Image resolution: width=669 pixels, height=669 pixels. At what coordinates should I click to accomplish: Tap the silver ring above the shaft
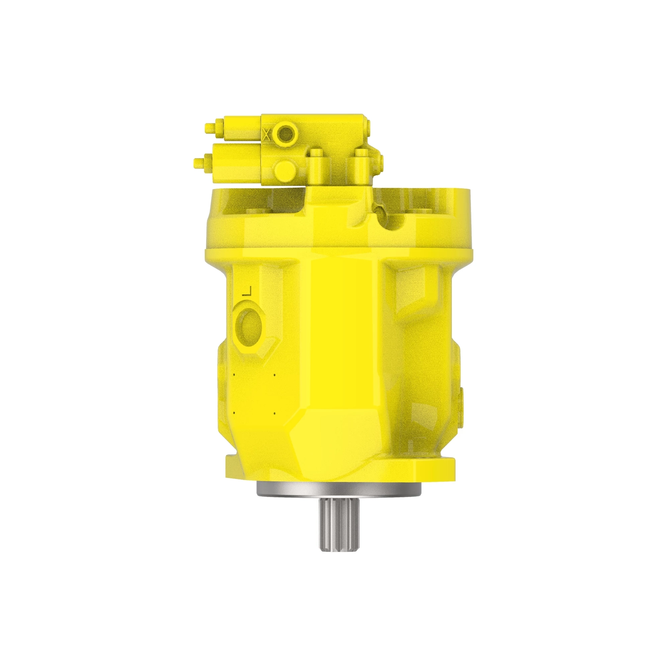point(339,489)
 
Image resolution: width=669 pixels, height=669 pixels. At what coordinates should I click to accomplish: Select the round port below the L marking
point(249,325)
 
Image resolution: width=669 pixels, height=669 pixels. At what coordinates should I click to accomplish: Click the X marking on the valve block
point(266,134)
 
